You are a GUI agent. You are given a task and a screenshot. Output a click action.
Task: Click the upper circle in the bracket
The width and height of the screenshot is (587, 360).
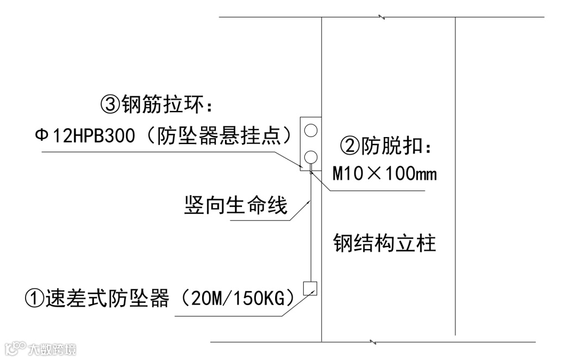click(311, 130)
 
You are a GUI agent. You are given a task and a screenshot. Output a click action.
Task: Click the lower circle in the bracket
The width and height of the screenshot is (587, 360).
click(311, 158)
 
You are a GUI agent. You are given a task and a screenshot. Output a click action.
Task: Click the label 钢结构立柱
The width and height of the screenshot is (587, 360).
click(385, 243)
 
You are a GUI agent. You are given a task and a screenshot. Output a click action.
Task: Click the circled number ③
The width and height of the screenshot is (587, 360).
click(111, 104)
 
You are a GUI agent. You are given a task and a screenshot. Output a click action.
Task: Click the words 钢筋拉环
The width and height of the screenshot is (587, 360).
click(154, 104)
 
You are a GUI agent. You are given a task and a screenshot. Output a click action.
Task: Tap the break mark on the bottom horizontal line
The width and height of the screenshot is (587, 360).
click(372, 342)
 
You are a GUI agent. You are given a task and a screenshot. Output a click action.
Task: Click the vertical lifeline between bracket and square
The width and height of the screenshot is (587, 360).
click(310, 228)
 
